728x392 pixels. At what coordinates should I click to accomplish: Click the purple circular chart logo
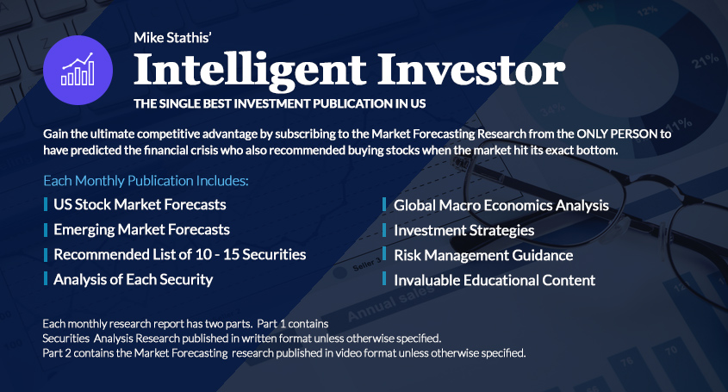pyautogui.click(x=78, y=70)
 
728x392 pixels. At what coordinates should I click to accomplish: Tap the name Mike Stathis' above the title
pyautogui.click(x=172, y=38)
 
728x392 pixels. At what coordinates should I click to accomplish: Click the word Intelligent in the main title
pyautogui.click(x=250, y=71)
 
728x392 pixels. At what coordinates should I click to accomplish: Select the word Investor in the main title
pyautogui.click(x=471, y=69)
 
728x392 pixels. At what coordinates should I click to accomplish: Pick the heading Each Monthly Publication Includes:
pyautogui.click(x=146, y=181)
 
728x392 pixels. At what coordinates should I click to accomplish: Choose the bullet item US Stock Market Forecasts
pyautogui.click(x=140, y=204)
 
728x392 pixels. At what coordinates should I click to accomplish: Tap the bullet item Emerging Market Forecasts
pyautogui.click(x=141, y=229)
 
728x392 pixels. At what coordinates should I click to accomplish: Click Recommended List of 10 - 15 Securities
pyautogui.click(x=180, y=254)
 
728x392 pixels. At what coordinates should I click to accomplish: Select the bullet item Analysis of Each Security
pyautogui.click(x=133, y=280)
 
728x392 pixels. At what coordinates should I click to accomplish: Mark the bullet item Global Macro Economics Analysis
pyautogui.click(x=501, y=205)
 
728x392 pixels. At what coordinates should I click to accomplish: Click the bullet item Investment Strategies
pyautogui.click(x=464, y=230)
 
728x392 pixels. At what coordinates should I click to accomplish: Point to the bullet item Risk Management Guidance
pyautogui.click(x=483, y=256)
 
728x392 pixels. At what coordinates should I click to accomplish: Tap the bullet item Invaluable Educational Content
pyautogui.click(x=495, y=281)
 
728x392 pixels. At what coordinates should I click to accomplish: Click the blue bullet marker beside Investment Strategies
pyautogui.click(x=384, y=229)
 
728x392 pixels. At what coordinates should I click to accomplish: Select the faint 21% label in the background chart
pyautogui.click(x=706, y=60)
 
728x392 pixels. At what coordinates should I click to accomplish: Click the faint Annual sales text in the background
pyautogui.click(x=391, y=302)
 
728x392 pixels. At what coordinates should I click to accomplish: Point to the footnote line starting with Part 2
pyautogui.click(x=284, y=353)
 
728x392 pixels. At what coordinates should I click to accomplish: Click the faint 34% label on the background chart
pyautogui.click(x=552, y=109)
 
